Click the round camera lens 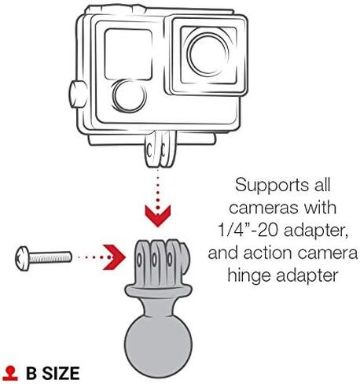point(208,54)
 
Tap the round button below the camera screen point(129,95)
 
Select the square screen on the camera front point(128,54)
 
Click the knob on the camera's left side point(78,94)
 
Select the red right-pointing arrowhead point(114,257)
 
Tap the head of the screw point(22,258)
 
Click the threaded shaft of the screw point(50,257)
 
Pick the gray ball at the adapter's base point(158,345)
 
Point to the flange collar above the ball point(159,291)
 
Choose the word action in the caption point(268,253)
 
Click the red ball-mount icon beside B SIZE point(10,373)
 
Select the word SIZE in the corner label point(61,373)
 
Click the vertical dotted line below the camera point(158,188)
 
